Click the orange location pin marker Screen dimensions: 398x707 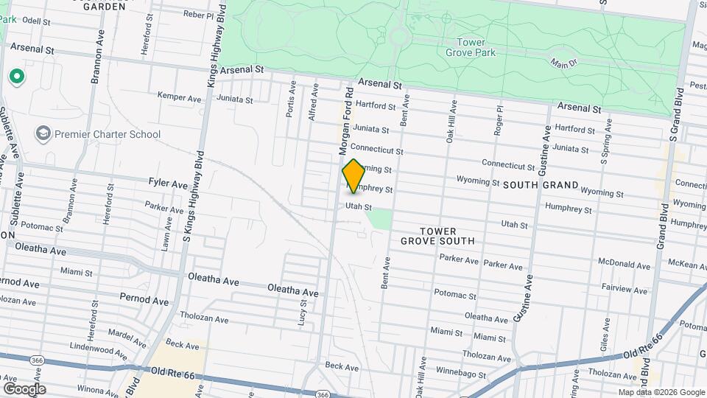coord(353,175)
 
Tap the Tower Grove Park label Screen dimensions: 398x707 coord(471,47)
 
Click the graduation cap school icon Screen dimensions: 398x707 coord(43,133)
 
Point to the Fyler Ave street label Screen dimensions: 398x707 coord(168,183)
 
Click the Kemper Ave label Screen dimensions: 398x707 coord(180,97)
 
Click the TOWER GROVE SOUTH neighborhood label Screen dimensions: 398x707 coord(437,234)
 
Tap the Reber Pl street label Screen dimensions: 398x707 coord(198,14)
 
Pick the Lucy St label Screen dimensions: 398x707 coord(303,315)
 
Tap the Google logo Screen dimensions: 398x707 coord(24,388)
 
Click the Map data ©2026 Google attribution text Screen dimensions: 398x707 coord(661,392)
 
